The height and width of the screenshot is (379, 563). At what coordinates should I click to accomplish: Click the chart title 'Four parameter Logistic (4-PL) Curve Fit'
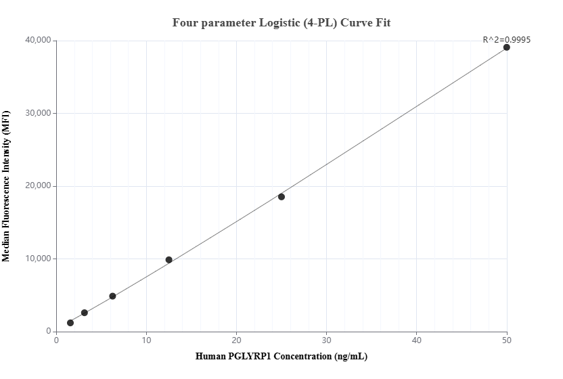coord(281,22)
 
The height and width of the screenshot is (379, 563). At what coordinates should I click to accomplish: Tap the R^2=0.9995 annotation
coord(506,39)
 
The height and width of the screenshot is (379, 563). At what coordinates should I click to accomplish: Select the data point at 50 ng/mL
coord(506,47)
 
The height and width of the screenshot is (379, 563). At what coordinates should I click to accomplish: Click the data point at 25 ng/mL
coord(281,197)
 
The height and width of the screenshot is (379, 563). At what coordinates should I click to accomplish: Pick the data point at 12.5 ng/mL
coord(169,260)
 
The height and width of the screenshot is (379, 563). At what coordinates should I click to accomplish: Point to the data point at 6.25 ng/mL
coord(112,296)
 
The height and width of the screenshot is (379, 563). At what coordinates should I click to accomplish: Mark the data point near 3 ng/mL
coord(85,313)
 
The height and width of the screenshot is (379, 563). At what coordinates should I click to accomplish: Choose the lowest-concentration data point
coord(70,323)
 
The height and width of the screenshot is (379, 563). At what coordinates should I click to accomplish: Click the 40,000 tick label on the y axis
coord(39,41)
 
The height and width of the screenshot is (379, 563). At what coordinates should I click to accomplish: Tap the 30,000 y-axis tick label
coord(39,113)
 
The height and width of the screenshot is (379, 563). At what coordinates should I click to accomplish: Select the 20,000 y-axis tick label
coord(39,186)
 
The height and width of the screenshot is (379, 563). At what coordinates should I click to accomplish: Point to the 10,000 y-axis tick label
coord(39,259)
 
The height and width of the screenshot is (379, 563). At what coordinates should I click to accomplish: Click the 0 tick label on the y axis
coord(49,332)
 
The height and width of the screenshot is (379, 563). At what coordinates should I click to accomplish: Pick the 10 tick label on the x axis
coord(147,340)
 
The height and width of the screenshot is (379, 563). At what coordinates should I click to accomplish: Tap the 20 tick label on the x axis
coord(237,340)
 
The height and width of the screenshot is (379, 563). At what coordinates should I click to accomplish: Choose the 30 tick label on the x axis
coord(327,340)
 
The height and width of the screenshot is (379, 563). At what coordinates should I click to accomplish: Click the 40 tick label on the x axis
coord(417,340)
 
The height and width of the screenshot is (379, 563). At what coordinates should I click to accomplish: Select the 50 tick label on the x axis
coord(507,340)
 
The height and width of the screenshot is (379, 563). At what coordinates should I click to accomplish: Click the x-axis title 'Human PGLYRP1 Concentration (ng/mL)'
coord(281,356)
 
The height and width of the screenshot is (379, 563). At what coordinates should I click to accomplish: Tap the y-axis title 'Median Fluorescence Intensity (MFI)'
coord(6,185)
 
